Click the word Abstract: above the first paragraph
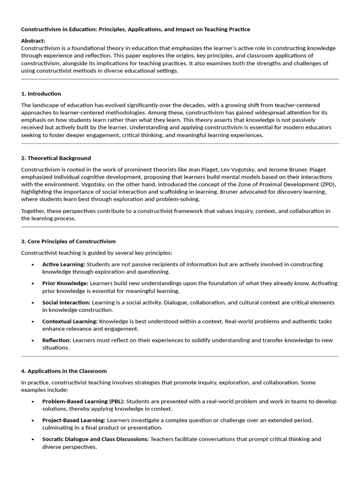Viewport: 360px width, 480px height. tap(33, 41)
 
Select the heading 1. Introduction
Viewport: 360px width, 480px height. tap(41, 94)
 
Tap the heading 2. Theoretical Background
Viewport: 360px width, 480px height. tap(56, 158)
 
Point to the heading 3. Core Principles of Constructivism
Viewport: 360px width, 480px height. tap(68, 241)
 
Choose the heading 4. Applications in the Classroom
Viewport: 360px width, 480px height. tap(64, 371)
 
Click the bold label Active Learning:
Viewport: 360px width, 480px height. tap(64, 264)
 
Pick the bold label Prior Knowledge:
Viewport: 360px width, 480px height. tap(65, 284)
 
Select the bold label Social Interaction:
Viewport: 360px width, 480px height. tap(66, 302)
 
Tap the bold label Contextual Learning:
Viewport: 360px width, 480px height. tap(70, 322)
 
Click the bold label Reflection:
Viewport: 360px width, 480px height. tap(57, 340)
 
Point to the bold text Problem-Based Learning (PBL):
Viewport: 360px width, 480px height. tap(83, 401)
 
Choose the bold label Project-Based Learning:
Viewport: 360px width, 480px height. tap(74, 420)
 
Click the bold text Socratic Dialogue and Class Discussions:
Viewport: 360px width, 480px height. tap(96, 439)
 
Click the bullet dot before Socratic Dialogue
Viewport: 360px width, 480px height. tap(33, 440)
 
